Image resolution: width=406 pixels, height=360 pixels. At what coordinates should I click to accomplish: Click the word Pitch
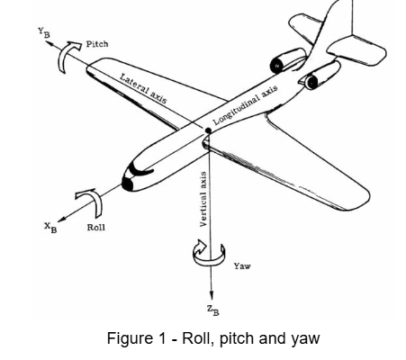pos(97,44)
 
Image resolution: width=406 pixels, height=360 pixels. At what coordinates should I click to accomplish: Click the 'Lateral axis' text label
pos(145,90)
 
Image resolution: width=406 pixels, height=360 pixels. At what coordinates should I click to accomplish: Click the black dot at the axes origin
pos(209,130)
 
